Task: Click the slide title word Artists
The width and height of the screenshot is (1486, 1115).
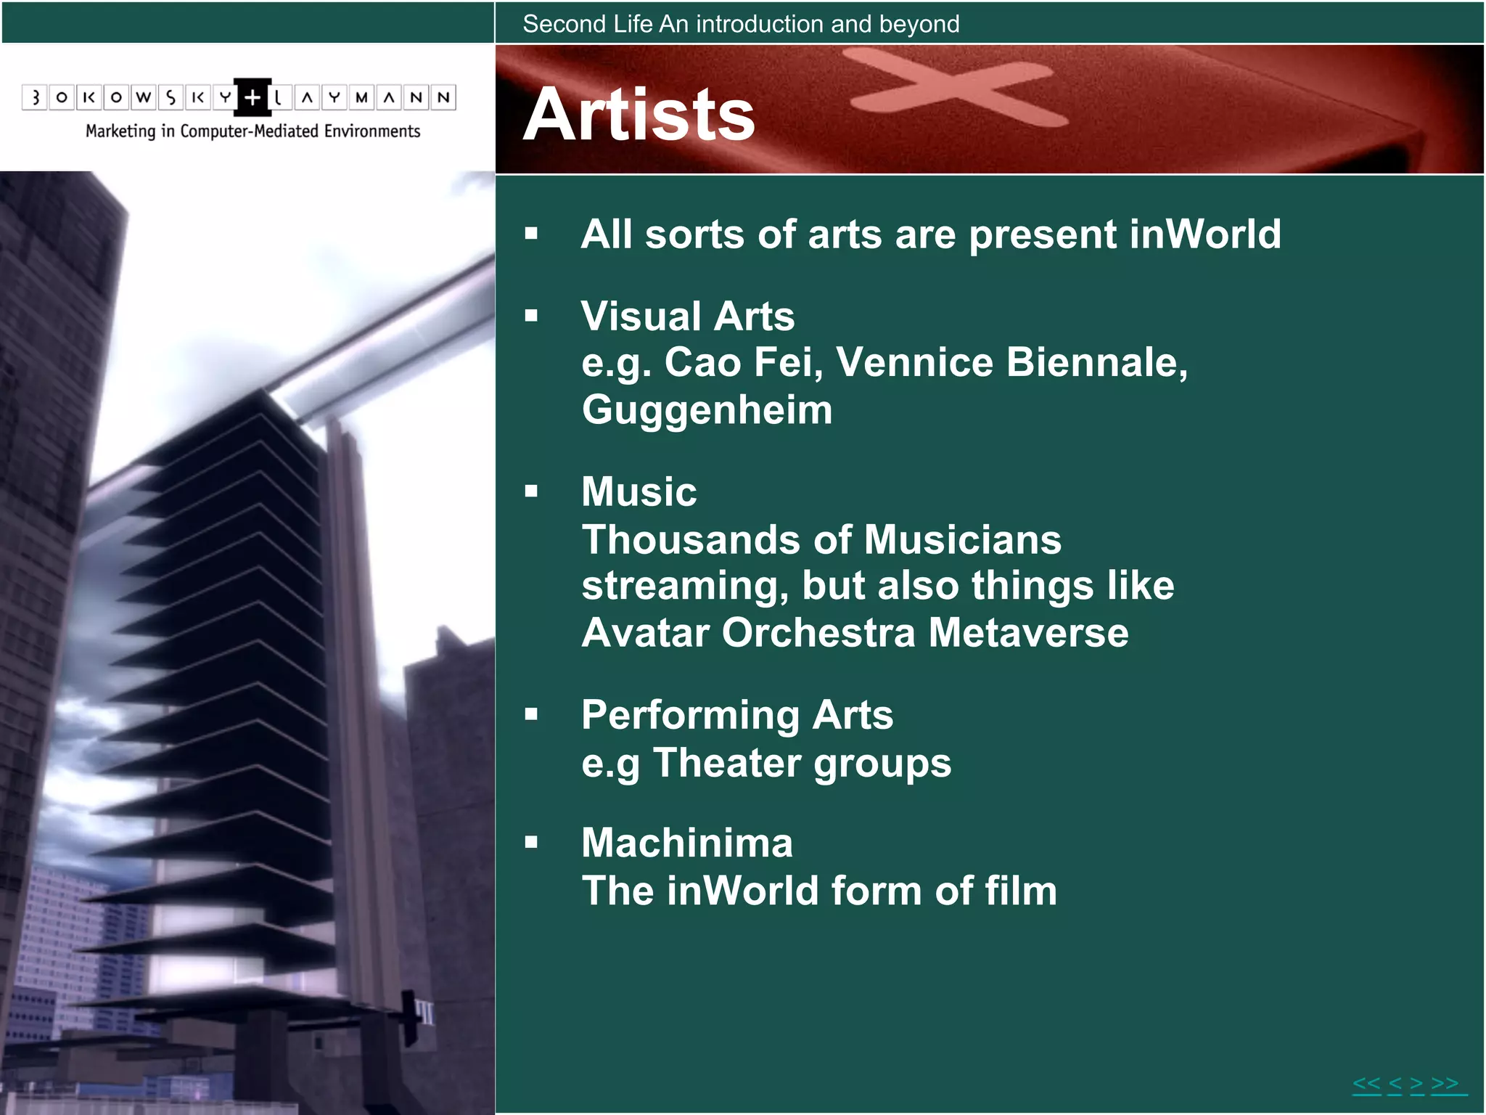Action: tap(639, 115)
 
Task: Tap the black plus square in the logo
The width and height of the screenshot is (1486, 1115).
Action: tap(253, 97)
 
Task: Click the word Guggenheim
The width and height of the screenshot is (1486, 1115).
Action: tap(707, 410)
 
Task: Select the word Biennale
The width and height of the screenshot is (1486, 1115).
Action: tap(1096, 362)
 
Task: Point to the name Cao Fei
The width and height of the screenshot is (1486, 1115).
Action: tap(744, 362)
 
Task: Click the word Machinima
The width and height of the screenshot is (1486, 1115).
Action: tap(686, 843)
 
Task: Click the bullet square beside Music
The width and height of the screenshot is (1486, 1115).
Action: tap(532, 491)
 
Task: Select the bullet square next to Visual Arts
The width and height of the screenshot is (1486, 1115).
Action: tap(532, 316)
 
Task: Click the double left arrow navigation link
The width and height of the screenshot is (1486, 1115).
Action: tap(1366, 1085)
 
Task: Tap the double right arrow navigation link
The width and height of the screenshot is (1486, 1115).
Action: tap(1445, 1085)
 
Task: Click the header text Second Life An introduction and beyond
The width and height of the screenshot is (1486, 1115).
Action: tap(741, 24)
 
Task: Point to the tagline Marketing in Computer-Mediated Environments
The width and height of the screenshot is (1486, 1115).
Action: tap(253, 131)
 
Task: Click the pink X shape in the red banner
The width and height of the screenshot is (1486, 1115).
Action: tap(958, 87)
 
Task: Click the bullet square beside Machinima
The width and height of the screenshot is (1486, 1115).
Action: tap(532, 843)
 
